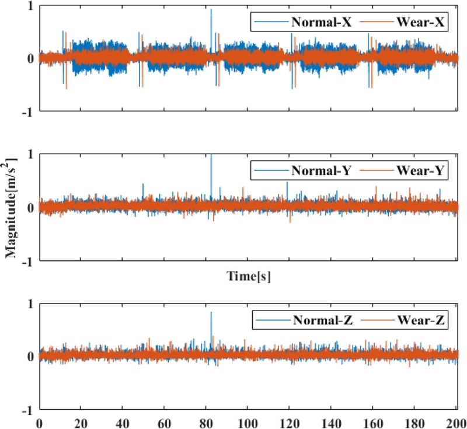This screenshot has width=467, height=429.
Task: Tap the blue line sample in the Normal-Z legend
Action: click(271, 320)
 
